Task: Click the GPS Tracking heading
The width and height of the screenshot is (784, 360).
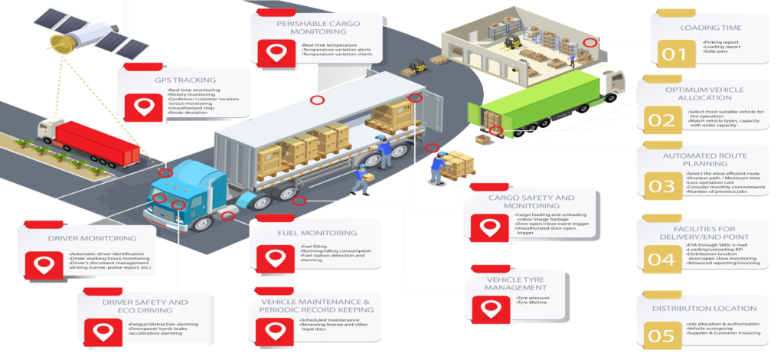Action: click(185, 80)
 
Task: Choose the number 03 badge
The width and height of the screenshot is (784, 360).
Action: click(662, 186)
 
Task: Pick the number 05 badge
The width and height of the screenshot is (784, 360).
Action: click(662, 335)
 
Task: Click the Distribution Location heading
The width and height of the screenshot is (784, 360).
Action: click(704, 309)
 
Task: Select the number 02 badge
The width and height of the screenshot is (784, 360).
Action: click(662, 120)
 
